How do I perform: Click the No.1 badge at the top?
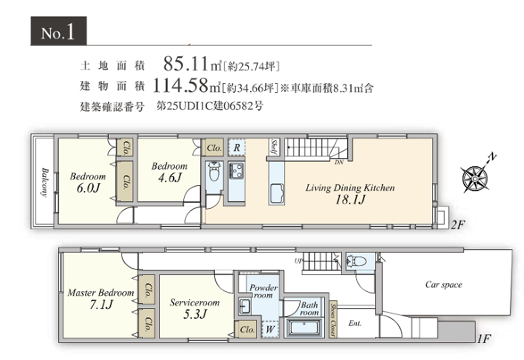(58, 33)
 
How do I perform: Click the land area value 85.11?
(185, 65)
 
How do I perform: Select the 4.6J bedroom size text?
(168, 177)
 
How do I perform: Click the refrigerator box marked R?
(236, 148)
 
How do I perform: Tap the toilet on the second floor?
(214, 174)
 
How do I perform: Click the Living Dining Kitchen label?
(350, 188)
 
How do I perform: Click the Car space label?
(443, 285)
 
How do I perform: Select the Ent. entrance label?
(355, 323)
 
